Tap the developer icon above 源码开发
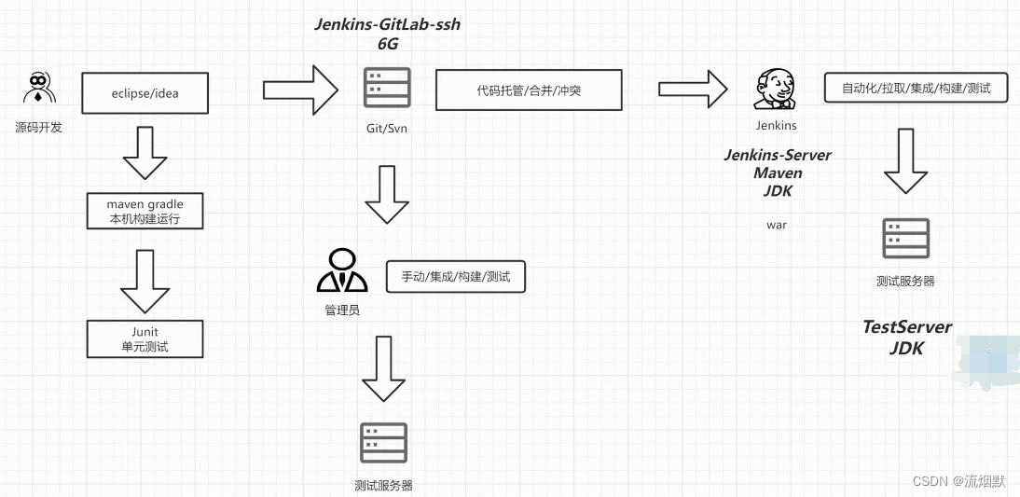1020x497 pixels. coord(39,88)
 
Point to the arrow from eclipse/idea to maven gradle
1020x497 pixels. coord(145,153)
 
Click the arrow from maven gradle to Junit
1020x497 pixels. coord(145,281)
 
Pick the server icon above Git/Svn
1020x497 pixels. coord(387,88)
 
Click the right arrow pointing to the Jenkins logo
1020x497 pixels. coord(693,90)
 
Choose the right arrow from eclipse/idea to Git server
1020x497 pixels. coord(301,90)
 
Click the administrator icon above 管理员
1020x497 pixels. coord(342,270)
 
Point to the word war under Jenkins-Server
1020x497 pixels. coord(777,225)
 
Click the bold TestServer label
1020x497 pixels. coord(907,327)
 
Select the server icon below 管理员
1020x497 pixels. coord(384,443)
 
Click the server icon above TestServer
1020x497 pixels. coord(906,239)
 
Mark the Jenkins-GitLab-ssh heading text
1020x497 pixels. coord(388,25)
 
